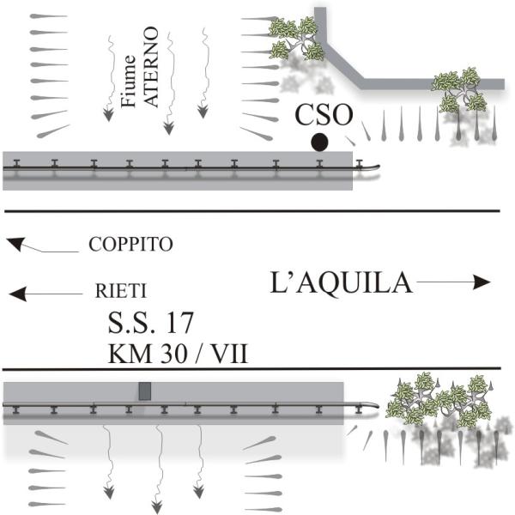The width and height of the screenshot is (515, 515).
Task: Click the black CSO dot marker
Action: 319,142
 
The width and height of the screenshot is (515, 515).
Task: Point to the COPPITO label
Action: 130,245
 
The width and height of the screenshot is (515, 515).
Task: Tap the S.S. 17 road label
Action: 150,323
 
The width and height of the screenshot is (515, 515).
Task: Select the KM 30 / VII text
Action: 178,353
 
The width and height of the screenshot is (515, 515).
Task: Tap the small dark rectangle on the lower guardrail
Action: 145,391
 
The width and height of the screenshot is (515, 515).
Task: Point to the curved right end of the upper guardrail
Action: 374,166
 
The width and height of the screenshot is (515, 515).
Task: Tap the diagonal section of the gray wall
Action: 344,58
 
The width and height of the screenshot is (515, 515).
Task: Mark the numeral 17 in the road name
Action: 180,323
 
